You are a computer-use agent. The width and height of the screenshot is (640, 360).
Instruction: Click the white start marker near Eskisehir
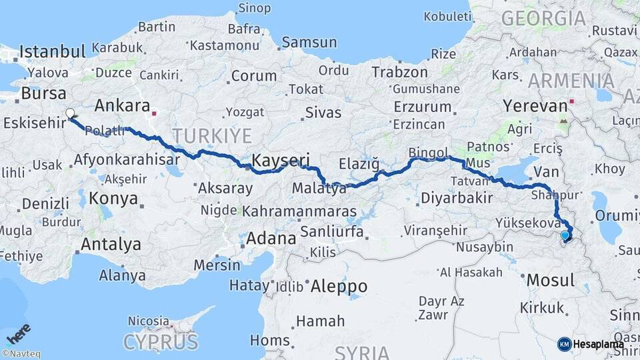[x=70, y=113]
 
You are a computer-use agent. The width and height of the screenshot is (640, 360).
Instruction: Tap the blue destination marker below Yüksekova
[x=565, y=235]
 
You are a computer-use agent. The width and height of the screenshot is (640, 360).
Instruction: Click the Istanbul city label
[x=53, y=51]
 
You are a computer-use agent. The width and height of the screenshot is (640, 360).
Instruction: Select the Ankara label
[x=122, y=105]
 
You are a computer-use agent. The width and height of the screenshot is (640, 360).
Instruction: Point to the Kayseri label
[x=281, y=159]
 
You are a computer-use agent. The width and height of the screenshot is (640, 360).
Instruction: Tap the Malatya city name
[x=319, y=189]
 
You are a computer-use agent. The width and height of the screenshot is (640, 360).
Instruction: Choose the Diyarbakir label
[x=457, y=197]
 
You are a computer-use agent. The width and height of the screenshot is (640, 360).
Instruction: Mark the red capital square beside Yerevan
[x=572, y=104]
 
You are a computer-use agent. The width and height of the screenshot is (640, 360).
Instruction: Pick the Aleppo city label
[x=338, y=286]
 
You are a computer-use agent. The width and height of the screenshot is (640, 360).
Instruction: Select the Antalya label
[x=111, y=245]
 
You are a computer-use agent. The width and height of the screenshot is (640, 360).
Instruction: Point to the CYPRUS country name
[x=161, y=342]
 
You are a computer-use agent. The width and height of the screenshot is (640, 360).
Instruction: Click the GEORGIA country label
[x=544, y=18]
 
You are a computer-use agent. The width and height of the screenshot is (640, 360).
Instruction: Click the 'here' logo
[x=19, y=333]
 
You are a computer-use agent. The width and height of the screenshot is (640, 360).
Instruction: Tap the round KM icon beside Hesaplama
[x=564, y=344]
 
